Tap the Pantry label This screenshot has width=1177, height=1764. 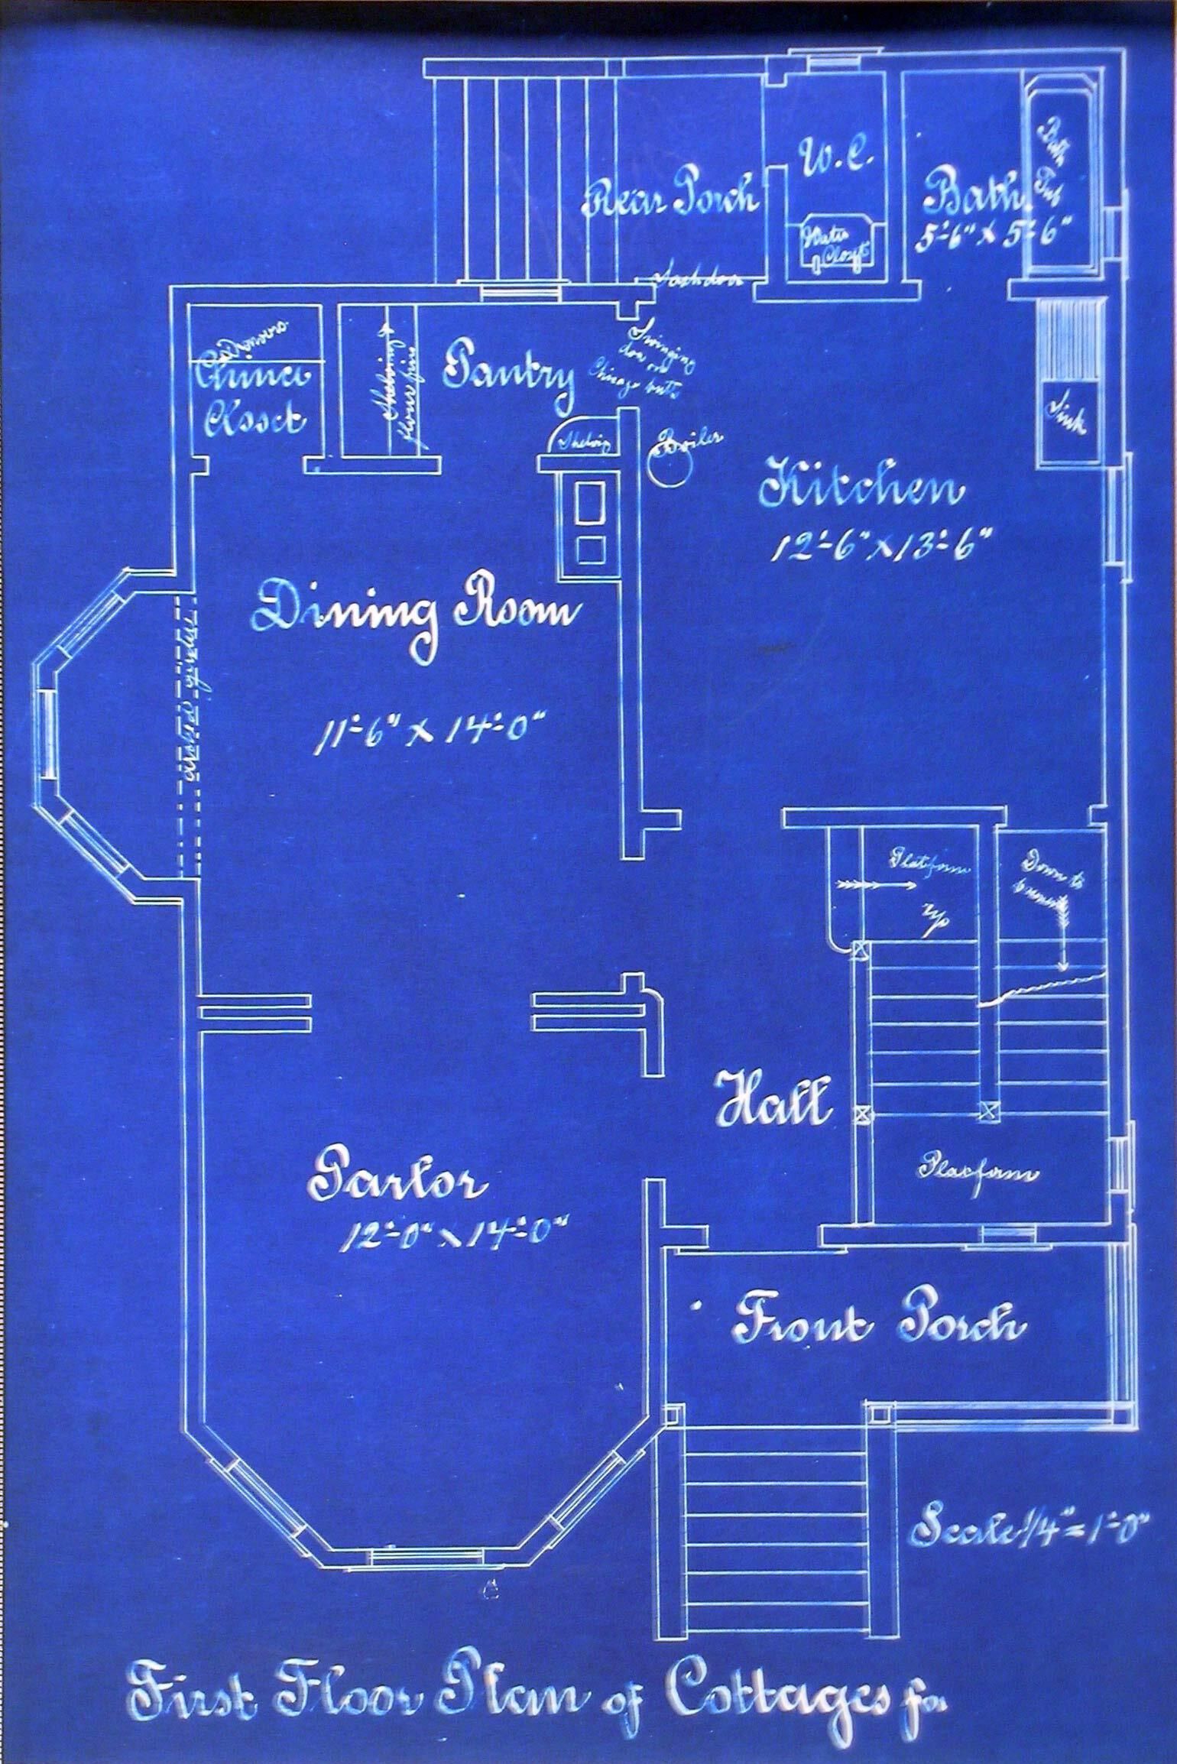[x=508, y=375]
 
